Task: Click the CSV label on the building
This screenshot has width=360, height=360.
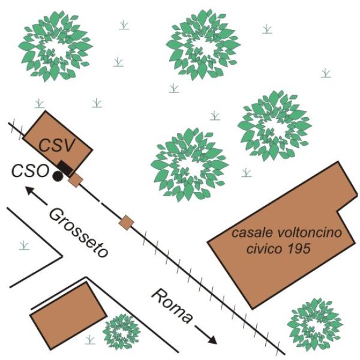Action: [x=56, y=145]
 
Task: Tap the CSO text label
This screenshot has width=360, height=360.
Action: [x=30, y=171]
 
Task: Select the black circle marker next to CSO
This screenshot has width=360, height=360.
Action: [x=58, y=176]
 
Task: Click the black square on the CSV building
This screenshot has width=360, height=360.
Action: [x=65, y=168]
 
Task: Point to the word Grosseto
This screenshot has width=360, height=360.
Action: [x=79, y=233]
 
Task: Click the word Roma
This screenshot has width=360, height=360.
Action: [x=172, y=306]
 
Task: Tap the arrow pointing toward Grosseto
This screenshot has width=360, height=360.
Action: [x=36, y=196]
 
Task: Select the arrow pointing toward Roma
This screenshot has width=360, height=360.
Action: [x=206, y=335]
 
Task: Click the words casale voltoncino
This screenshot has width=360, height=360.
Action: [x=287, y=233]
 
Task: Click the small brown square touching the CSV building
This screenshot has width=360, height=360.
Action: [x=76, y=181]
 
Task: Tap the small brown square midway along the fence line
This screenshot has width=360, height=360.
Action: [x=126, y=222]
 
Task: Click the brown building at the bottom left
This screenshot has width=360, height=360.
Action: [x=68, y=316]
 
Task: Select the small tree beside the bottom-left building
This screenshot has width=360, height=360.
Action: [x=121, y=332]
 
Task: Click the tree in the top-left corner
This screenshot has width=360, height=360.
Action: [x=56, y=46]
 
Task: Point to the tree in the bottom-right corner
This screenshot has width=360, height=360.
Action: [x=315, y=324]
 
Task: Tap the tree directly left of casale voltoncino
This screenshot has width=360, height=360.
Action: [x=190, y=165]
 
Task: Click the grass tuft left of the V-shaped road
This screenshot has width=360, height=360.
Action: [x=25, y=245]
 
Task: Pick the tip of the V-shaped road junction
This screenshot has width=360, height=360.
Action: [x=62, y=256]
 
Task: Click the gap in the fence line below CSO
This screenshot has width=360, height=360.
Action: [x=101, y=202]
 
